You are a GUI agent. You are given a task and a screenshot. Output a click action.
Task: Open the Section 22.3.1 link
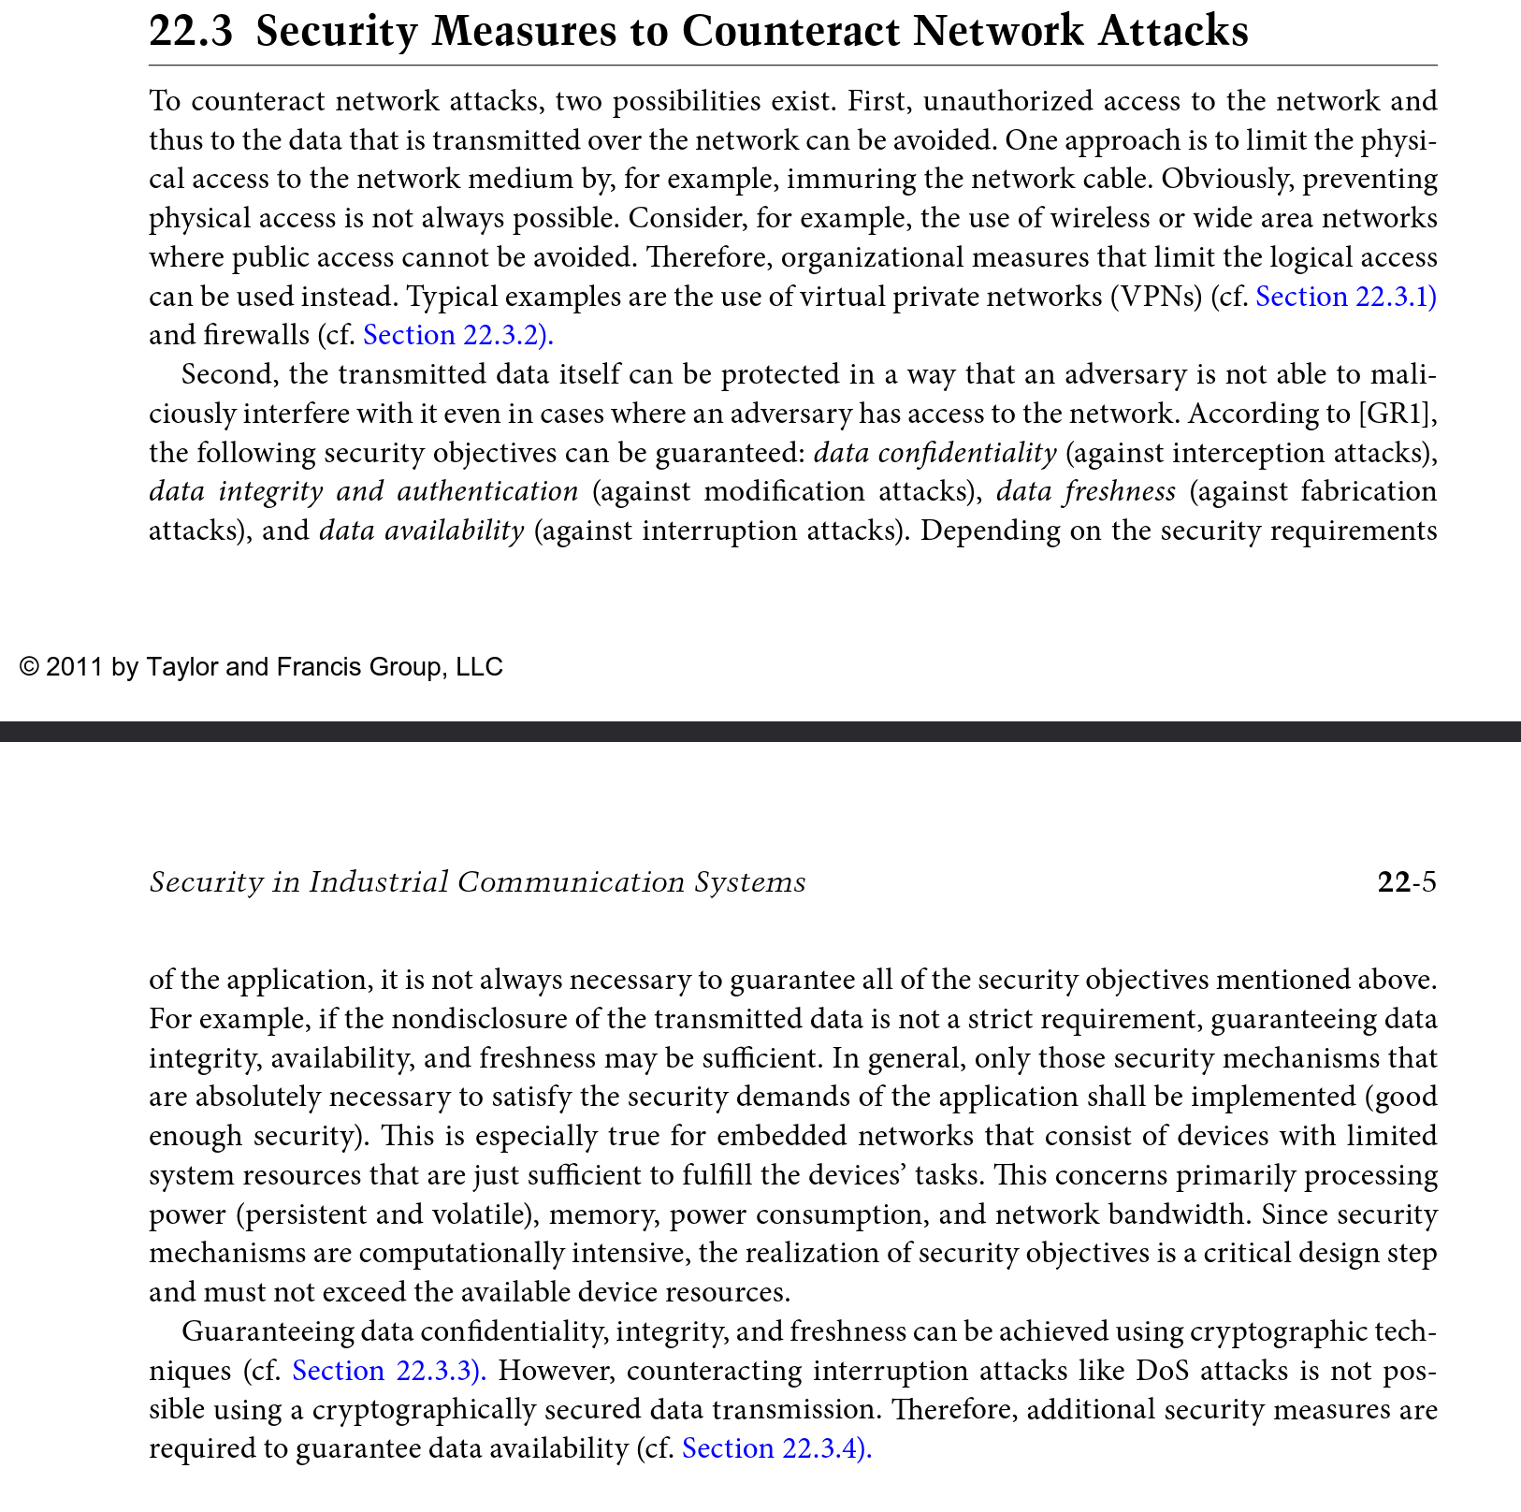(1345, 297)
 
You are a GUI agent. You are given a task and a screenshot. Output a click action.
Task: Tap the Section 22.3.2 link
(457, 335)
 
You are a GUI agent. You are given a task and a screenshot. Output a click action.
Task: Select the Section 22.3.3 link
(389, 1371)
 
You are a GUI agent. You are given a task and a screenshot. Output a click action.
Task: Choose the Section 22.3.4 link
(776, 1448)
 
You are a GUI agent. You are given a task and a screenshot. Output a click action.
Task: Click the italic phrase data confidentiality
(935, 453)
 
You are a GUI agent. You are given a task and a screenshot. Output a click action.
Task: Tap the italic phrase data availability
(421, 531)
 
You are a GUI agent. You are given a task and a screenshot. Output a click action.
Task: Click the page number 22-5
(1406, 882)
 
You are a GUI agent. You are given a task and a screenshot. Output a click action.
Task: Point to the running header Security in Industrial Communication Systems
(477, 882)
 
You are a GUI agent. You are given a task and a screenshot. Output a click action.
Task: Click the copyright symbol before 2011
(29, 667)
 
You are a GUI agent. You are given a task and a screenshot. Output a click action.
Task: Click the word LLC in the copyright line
(479, 667)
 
